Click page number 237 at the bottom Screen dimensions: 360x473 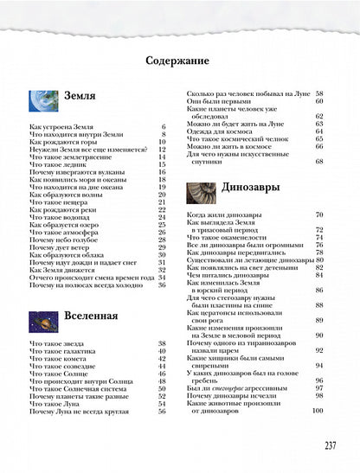330,446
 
